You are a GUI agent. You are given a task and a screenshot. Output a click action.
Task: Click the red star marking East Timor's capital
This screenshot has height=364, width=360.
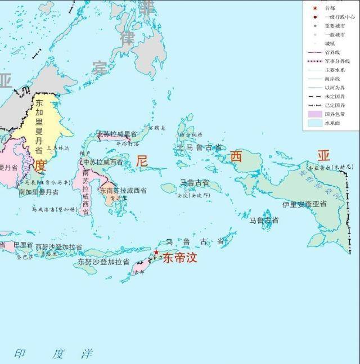(156, 253)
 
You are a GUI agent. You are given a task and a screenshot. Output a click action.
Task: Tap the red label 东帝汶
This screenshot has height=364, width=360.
(180, 259)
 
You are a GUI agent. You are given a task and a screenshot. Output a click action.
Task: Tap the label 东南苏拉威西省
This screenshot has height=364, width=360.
(124, 191)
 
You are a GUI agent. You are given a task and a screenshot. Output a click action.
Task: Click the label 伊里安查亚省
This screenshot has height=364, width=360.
(304, 204)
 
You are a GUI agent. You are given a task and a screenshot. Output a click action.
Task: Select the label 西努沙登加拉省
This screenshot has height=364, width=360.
(58, 247)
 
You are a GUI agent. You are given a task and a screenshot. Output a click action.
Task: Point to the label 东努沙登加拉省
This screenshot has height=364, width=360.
(103, 262)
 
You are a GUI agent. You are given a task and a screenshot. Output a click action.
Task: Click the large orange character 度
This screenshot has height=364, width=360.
(40, 166)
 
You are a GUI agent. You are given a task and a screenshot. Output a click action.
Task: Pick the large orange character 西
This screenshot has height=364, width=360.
(236, 157)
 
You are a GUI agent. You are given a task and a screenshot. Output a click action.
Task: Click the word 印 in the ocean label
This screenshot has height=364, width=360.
(20, 353)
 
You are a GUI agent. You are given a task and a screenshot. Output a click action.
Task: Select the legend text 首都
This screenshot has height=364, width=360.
(330, 8)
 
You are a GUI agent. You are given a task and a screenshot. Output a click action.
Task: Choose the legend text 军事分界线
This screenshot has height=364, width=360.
(337, 61)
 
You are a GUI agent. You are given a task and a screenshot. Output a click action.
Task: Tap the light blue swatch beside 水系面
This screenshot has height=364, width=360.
(314, 123)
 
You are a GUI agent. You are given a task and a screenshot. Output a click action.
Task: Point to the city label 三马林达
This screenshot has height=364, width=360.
(59, 149)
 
